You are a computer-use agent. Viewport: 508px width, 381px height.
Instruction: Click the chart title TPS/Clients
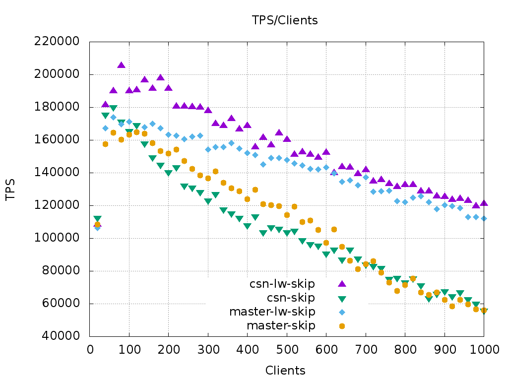coord(284,20)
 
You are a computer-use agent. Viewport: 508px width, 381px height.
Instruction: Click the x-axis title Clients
coord(285,371)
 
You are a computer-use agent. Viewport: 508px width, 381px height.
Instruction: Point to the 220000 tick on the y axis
coord(57,42)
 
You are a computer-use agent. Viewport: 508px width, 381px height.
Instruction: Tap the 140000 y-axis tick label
coord(57,173)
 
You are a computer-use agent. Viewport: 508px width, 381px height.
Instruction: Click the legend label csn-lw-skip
coord(282,284)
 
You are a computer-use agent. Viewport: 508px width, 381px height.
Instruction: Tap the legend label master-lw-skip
coord(272,312)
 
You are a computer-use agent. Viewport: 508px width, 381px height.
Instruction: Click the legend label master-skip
coord(281,325)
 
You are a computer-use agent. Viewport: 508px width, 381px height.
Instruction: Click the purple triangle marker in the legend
coord(342,283)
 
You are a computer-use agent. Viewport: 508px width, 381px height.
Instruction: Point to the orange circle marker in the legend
coord(342,326)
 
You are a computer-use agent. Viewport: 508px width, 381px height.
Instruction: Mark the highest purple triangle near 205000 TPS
coord(121,65)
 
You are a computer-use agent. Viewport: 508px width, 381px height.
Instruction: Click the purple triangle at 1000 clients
coord(484,203)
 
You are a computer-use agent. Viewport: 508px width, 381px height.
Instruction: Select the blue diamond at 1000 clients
coord(484,218)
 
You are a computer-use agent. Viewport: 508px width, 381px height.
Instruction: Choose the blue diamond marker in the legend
coord(342,312)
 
